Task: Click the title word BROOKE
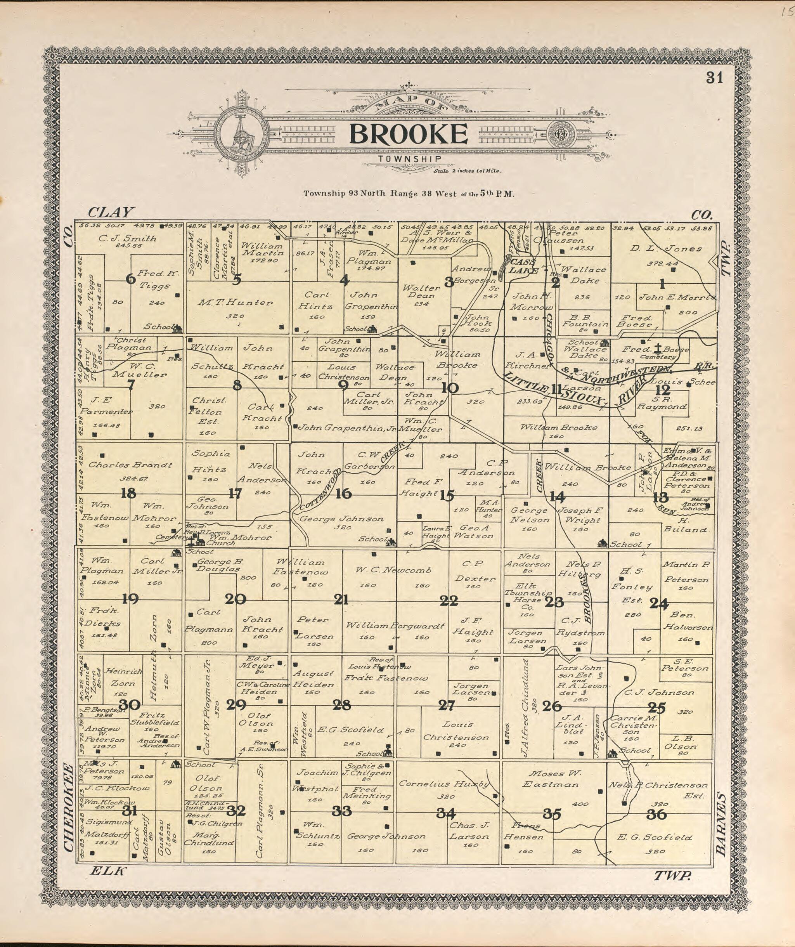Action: [408, 134]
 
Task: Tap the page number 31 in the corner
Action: [714, 78]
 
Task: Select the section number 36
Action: [656, 814]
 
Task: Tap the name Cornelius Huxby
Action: [444, 784]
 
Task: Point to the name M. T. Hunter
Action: [235, 303]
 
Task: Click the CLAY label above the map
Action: [111, 212]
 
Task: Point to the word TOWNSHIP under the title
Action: [409, 158]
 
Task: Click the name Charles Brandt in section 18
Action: [130, 465]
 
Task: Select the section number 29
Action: [236, 704]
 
